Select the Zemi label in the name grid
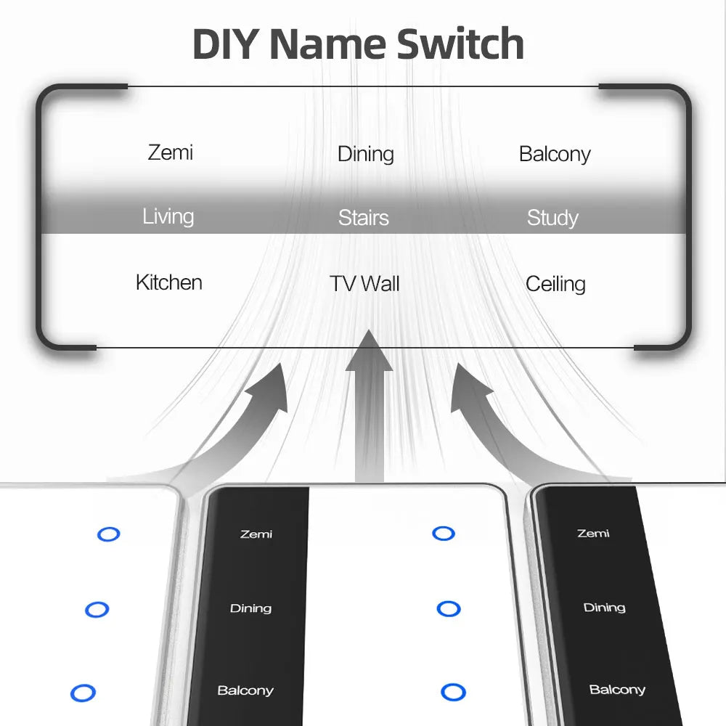[x=171, y=152]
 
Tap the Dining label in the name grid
[x=365, y=154]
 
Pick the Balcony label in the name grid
[x=555, y=154]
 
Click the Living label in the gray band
[x=168, y=216]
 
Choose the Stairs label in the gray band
[x=364, y=218]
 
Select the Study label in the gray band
[x=552, y=218]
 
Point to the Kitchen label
[x=169, y=282]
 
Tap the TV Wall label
[x=364, y=284]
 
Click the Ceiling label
[x=555, y=284]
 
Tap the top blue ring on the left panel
[x=109, y=534]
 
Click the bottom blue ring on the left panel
[x=83, y=693]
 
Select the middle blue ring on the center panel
[x=449, y=608]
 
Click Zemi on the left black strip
[x=256, y=534]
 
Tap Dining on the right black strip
[x=604, y=608]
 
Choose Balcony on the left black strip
[x=245, y=690]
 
